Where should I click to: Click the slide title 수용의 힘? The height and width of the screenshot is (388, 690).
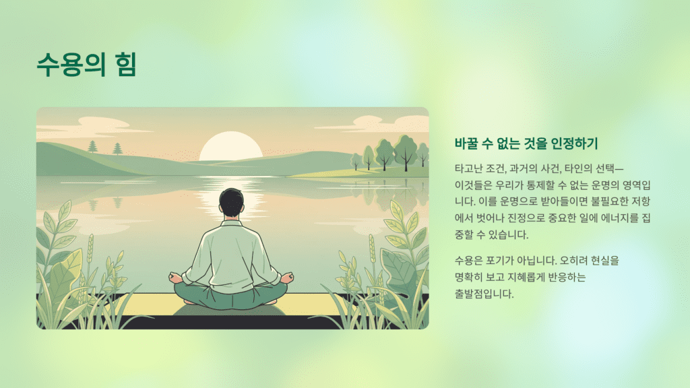86,64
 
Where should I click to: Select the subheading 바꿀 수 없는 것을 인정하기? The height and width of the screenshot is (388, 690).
527,143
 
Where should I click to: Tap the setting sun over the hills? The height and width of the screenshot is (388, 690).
231,148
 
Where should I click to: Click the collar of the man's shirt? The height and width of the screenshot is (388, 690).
231,224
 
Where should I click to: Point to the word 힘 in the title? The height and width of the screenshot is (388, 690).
125,64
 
